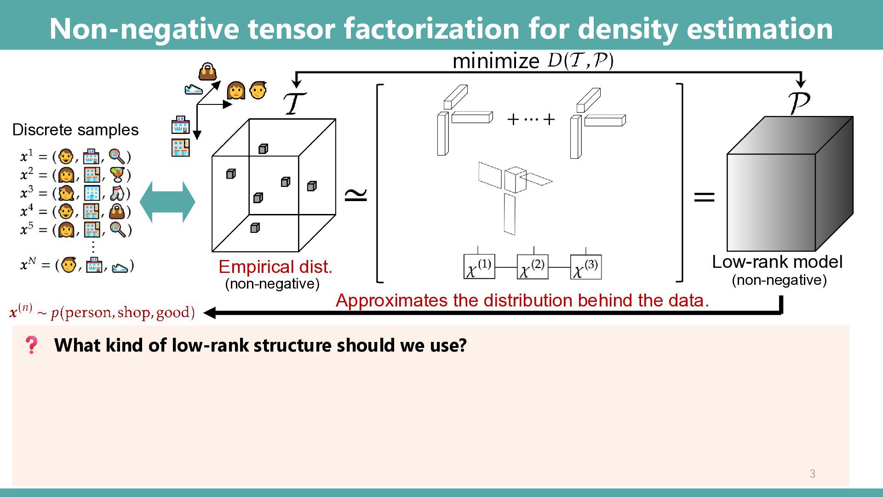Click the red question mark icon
click(x=31, y=345)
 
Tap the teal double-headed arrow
click(x=167, y=202)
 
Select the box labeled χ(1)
click(x=479, y=267)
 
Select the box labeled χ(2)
click(x=532, y=267)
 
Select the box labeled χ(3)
click(x=585, y=267)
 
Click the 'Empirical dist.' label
click(x=275, y=267)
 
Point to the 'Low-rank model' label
click(x=777, y=262)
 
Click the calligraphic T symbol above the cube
click(x=294, y=103)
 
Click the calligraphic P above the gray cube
click(x=799, y=103)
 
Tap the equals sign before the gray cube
click(x=704, y=197)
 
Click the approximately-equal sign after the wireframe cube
click(x=356, y=195)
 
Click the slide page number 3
click(x=813, y=474)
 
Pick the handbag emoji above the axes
click(x=207, y=72)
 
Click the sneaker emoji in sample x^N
click(x=120, y=266)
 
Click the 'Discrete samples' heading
click(x=75, y=130)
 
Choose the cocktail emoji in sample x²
click(x=118, y=175)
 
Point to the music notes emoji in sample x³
click(x=118, y=193)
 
